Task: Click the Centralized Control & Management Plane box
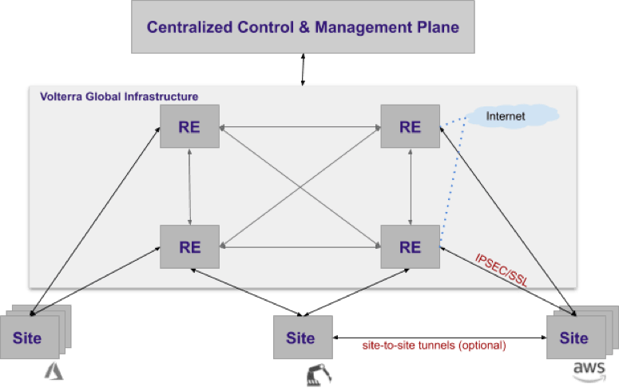303,27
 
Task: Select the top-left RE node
190,126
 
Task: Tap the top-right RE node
410,126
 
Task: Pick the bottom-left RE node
190,246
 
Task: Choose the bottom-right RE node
410,246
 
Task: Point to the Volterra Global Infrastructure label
119,97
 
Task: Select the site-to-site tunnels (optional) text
434,345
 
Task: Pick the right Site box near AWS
573,337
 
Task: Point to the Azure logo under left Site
54,370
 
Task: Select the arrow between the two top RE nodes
300,126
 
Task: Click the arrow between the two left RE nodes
190,186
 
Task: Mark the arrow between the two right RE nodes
410,186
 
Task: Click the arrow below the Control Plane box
303,70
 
